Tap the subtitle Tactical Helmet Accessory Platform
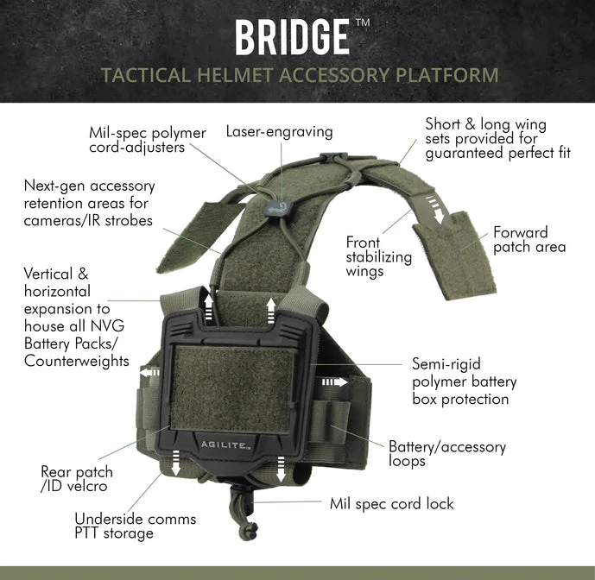[300, 75]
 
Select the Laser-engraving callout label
[279, 132]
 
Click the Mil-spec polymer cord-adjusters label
[148, 141]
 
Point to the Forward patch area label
[529, 240]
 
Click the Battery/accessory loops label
[446, 454]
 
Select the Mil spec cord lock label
[391, 503]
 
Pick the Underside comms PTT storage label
[135, 526]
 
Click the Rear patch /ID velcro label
[77, 480]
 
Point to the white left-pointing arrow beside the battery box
[149, 373]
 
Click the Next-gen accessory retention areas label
[89, 203]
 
